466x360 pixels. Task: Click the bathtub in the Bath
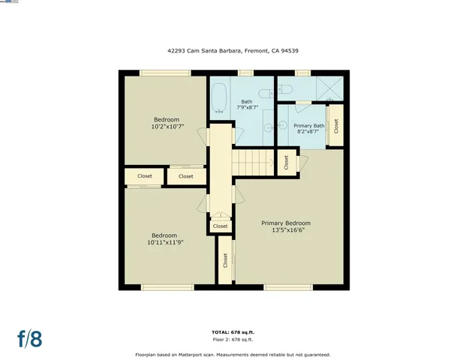[219, 97]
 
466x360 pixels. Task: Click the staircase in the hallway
[254, 161]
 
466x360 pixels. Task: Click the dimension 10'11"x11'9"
[166, 242]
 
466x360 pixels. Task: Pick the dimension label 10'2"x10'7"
[167, 127]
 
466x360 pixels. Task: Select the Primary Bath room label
[308, 125]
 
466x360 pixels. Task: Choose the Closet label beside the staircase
[286, 162]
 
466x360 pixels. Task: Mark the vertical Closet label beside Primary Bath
[336, 125]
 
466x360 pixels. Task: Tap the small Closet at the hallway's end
[220, 226]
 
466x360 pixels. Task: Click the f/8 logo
[30, 338]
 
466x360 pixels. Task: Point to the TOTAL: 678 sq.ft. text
[233, 331]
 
